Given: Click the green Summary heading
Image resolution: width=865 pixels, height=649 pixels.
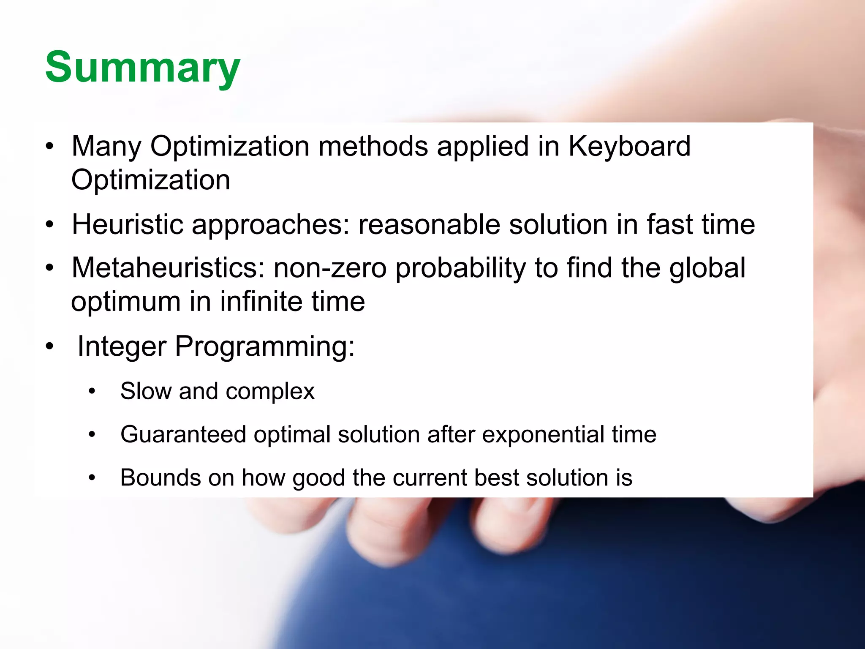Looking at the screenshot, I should [x=143, y=68].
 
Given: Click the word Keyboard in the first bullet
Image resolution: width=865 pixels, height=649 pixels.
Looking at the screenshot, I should [x=629, y=147].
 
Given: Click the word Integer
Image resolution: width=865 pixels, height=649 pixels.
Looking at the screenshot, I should [x=122, y=347].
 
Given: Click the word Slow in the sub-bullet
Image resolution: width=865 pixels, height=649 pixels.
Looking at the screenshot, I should [x=146, y=391].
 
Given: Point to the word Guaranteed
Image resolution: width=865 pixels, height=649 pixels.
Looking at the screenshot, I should [x=183, y=434].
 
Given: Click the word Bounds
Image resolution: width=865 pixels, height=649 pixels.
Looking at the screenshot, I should [x=160, y=478].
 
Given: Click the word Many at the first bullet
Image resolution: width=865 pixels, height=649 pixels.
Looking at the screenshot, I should [x=106, y=147].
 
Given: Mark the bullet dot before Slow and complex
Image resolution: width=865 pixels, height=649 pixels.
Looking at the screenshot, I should [x=92, y=392].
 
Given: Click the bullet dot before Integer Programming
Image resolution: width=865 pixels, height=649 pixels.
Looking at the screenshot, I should [x=50, y=347].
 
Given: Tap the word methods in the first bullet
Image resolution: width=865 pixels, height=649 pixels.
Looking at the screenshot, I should [x=373, y=147].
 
